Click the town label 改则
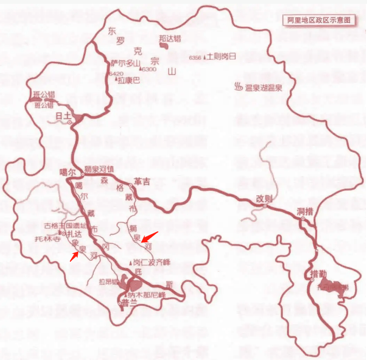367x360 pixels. (263, 199)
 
